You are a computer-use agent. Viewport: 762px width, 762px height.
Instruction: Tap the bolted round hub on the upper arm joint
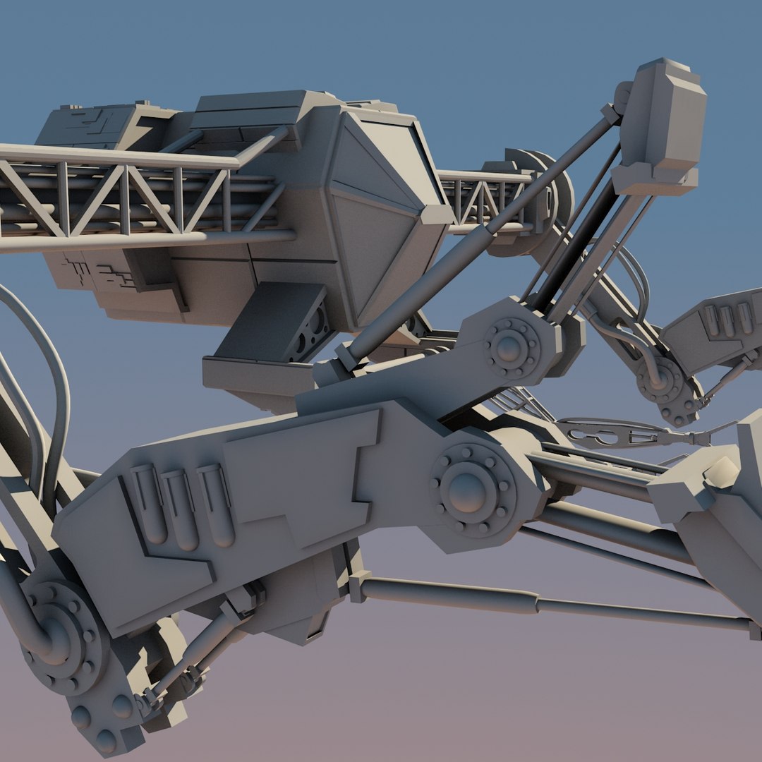click(509, 346)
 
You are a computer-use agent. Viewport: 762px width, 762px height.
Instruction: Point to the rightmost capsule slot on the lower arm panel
click(216, 504)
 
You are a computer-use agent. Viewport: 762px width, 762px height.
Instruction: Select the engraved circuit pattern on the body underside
click(99, 272)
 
